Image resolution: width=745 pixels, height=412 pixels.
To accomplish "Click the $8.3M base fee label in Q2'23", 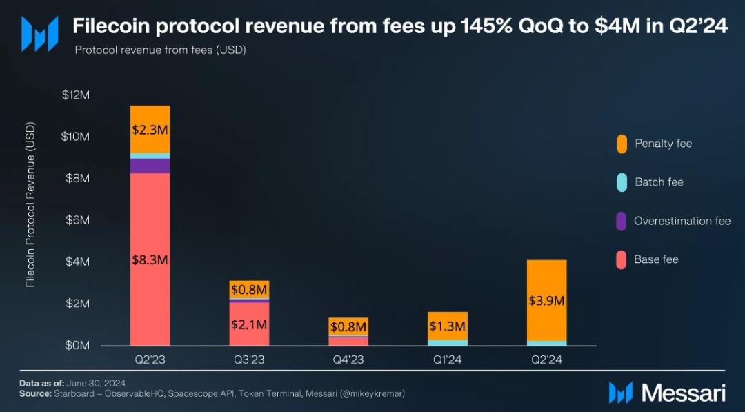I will tap(150, 260).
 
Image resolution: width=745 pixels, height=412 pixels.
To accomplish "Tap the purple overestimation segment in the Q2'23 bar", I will tap(150, 166).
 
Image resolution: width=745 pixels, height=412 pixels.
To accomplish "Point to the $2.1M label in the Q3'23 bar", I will tap(249, 324).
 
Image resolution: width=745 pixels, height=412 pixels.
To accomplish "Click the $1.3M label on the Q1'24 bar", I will tap(448, 326).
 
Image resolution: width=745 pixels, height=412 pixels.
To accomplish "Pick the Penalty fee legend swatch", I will tap(622, 144).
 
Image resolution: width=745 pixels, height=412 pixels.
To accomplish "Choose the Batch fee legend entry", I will tap(659, 182).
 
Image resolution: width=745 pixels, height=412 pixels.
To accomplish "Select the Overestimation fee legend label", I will tap(682, 221).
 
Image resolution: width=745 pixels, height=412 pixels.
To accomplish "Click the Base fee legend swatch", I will tap(622, 259).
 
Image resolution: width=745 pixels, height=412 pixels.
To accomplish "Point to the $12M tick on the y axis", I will tap(75, 95).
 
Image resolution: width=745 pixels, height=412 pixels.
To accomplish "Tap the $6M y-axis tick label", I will tap(77, 219).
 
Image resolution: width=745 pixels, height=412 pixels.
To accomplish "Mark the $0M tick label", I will tap(77, 345).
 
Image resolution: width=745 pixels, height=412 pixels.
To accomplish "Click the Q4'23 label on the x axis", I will tap(348, 360).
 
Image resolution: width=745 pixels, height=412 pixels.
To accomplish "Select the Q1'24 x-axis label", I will tap(448, 360).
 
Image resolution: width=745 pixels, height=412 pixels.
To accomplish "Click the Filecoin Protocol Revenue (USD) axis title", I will tap(30, 206).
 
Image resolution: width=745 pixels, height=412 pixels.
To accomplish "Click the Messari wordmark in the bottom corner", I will tap(684, 393).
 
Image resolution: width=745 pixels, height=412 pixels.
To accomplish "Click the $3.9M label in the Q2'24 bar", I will tap(547, 301).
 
